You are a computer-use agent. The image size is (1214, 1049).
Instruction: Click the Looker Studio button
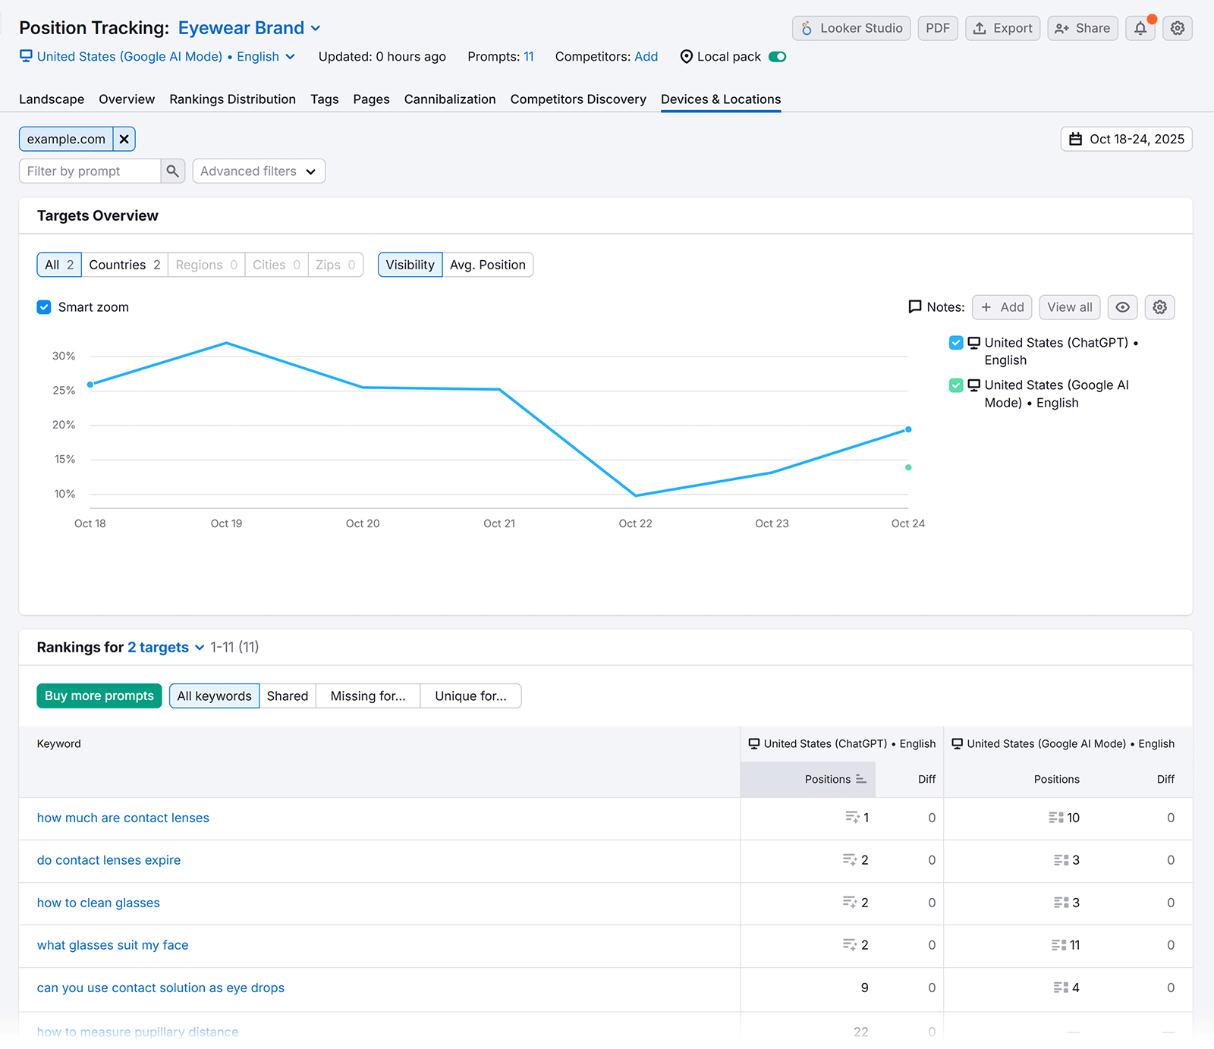(851, 28)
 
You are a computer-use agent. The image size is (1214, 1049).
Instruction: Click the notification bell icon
(1140, 28)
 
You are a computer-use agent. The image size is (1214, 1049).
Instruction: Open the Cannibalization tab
(449, 99)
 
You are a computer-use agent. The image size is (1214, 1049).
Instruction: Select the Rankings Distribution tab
(232, 99)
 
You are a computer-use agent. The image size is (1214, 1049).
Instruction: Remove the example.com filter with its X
(124, 139)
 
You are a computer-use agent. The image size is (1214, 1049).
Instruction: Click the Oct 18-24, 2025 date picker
(1126, 139)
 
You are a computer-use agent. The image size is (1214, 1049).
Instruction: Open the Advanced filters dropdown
(258, 171)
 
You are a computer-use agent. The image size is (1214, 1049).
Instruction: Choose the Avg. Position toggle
(487, 265)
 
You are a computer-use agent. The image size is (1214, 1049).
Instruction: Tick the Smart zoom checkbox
(44, 307)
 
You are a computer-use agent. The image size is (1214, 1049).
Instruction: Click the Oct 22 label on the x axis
(635, 523)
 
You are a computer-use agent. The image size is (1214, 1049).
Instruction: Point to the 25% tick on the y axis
(64, 391)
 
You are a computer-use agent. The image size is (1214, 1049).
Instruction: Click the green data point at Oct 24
(908, 467)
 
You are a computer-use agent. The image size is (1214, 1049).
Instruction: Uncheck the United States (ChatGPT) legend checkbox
(956, 343)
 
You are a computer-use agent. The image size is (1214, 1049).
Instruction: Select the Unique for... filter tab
(470, 696)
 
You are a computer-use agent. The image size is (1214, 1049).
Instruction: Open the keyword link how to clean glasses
(99, 903)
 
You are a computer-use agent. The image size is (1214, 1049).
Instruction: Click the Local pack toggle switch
(777, 57)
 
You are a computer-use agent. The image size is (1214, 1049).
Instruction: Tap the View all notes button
(1069, 307)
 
